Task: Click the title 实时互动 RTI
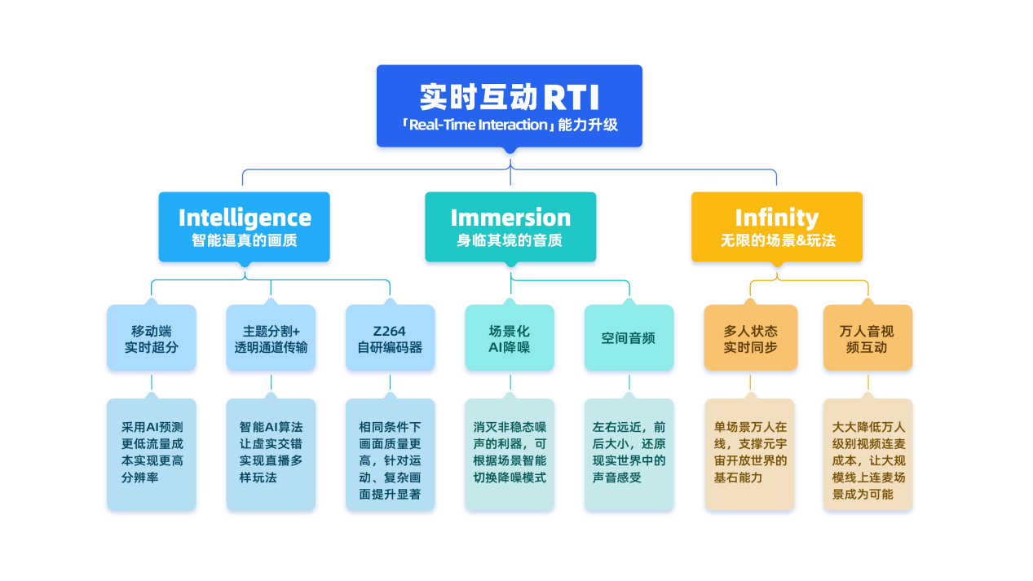coord(510,97)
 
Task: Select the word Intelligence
coord(245,218)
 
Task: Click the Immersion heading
coord(510,218)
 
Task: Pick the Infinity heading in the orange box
coord(776,218)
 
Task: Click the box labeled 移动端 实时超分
coord(152,339)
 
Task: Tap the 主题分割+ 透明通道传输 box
coord(271,339)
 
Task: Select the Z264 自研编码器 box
coord(391,339)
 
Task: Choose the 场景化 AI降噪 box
coord(510,339)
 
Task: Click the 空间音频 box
coord(629,338)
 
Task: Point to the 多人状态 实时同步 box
coord(750,339)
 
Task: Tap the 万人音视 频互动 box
coord(867,339)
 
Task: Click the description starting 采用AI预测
coord(152,452)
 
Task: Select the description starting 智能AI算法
coord(271,452)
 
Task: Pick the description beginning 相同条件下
coord(391,460)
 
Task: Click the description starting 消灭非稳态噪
coord(510,452)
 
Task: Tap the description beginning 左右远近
coord(629,452)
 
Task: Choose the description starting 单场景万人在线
coord(750,452)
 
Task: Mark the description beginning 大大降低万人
coord(867,460)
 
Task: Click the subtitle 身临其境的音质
coord(510,241)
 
